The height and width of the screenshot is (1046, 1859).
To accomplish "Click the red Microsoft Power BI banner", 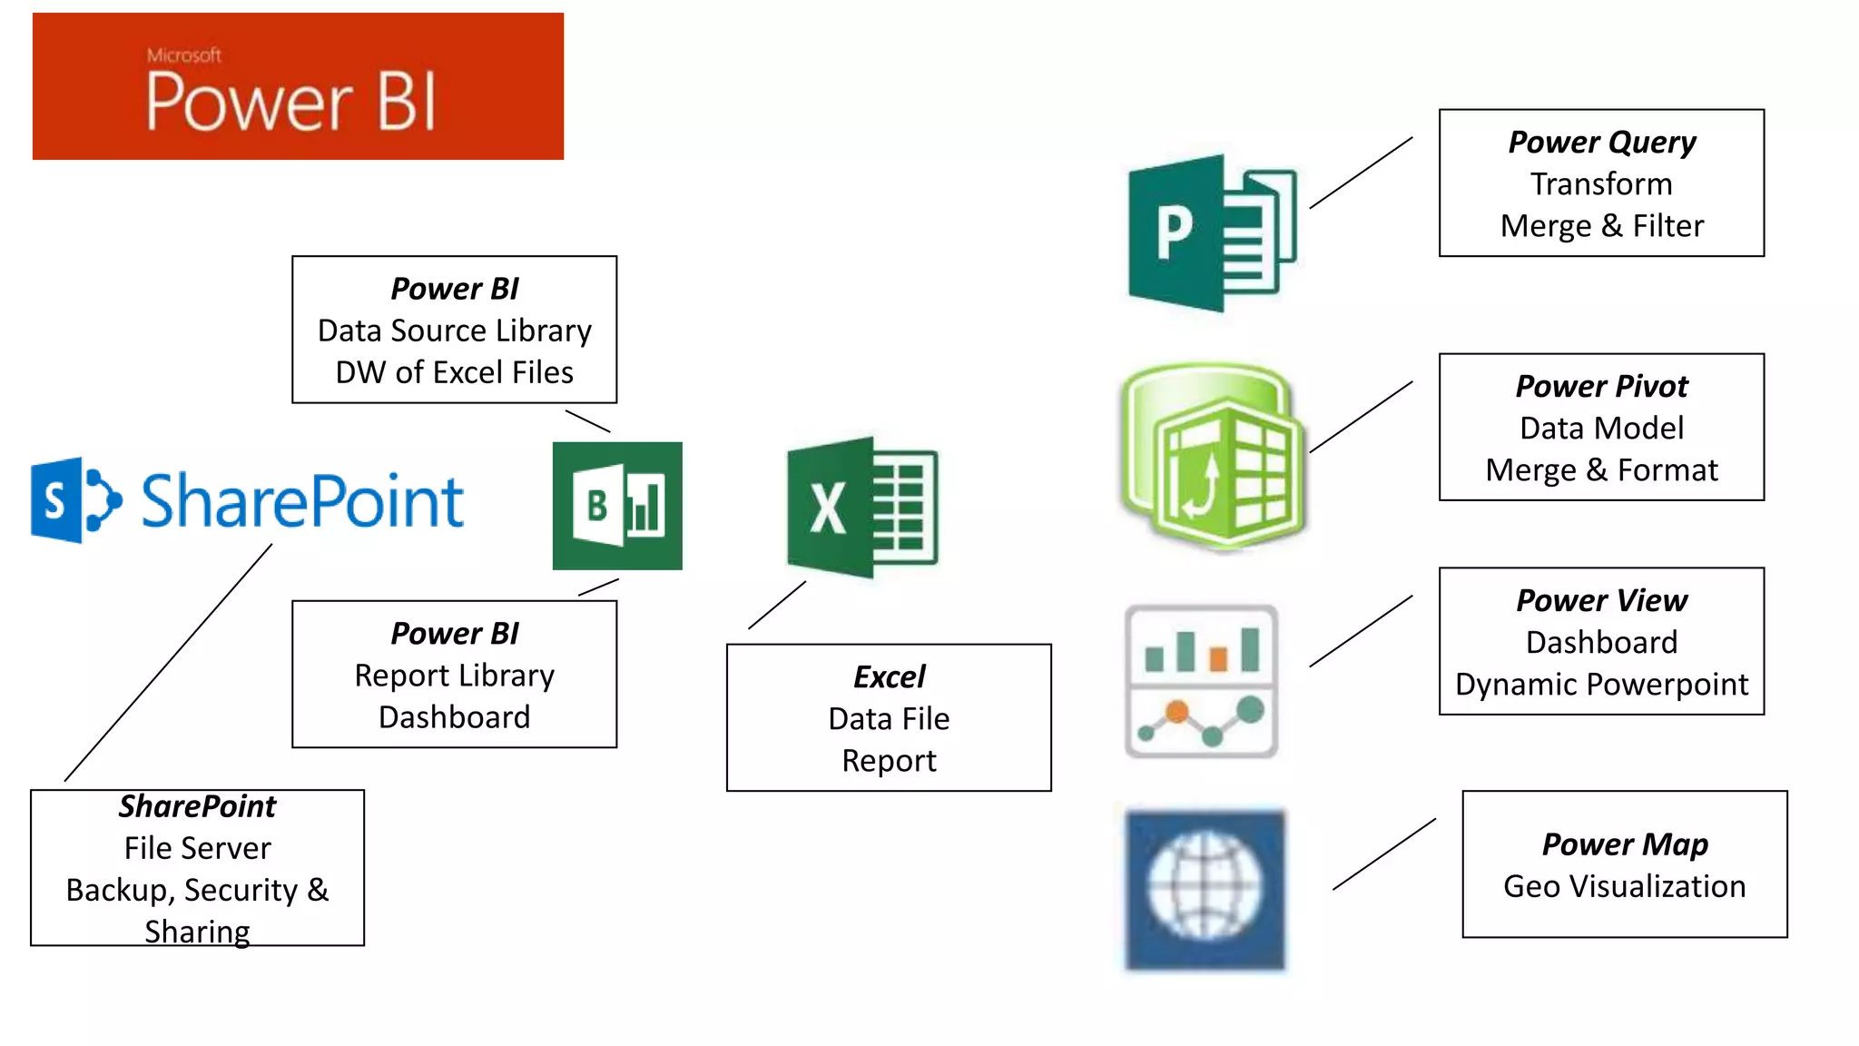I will tap(298, 86).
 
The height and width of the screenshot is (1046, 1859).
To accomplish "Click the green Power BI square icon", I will tap(617, 506).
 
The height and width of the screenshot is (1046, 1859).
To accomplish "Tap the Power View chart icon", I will tap(1201, 681).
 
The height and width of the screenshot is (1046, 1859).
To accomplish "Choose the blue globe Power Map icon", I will tap(1205, 888).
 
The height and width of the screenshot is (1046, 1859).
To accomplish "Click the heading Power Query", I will tap(1601, 142).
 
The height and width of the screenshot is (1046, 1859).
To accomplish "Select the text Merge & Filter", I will tap(1601, 225).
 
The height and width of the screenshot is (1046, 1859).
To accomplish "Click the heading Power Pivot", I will tap(1601, 386).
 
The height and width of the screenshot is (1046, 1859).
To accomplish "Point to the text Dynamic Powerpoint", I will tap(1601, 684).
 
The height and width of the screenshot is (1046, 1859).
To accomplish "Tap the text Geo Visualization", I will tap(1624, 885).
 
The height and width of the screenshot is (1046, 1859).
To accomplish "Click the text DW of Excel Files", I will tap(454, 372).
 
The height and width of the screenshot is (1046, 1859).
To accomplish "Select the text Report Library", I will tap(454, 675).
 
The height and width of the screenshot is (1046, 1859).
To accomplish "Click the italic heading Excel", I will tap(889, 676).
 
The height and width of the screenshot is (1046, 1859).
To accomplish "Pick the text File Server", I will tap(197, 848).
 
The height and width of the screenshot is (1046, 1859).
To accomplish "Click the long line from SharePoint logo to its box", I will tap(168, 663).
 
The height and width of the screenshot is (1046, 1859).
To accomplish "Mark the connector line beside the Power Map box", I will tap(1384, 854).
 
